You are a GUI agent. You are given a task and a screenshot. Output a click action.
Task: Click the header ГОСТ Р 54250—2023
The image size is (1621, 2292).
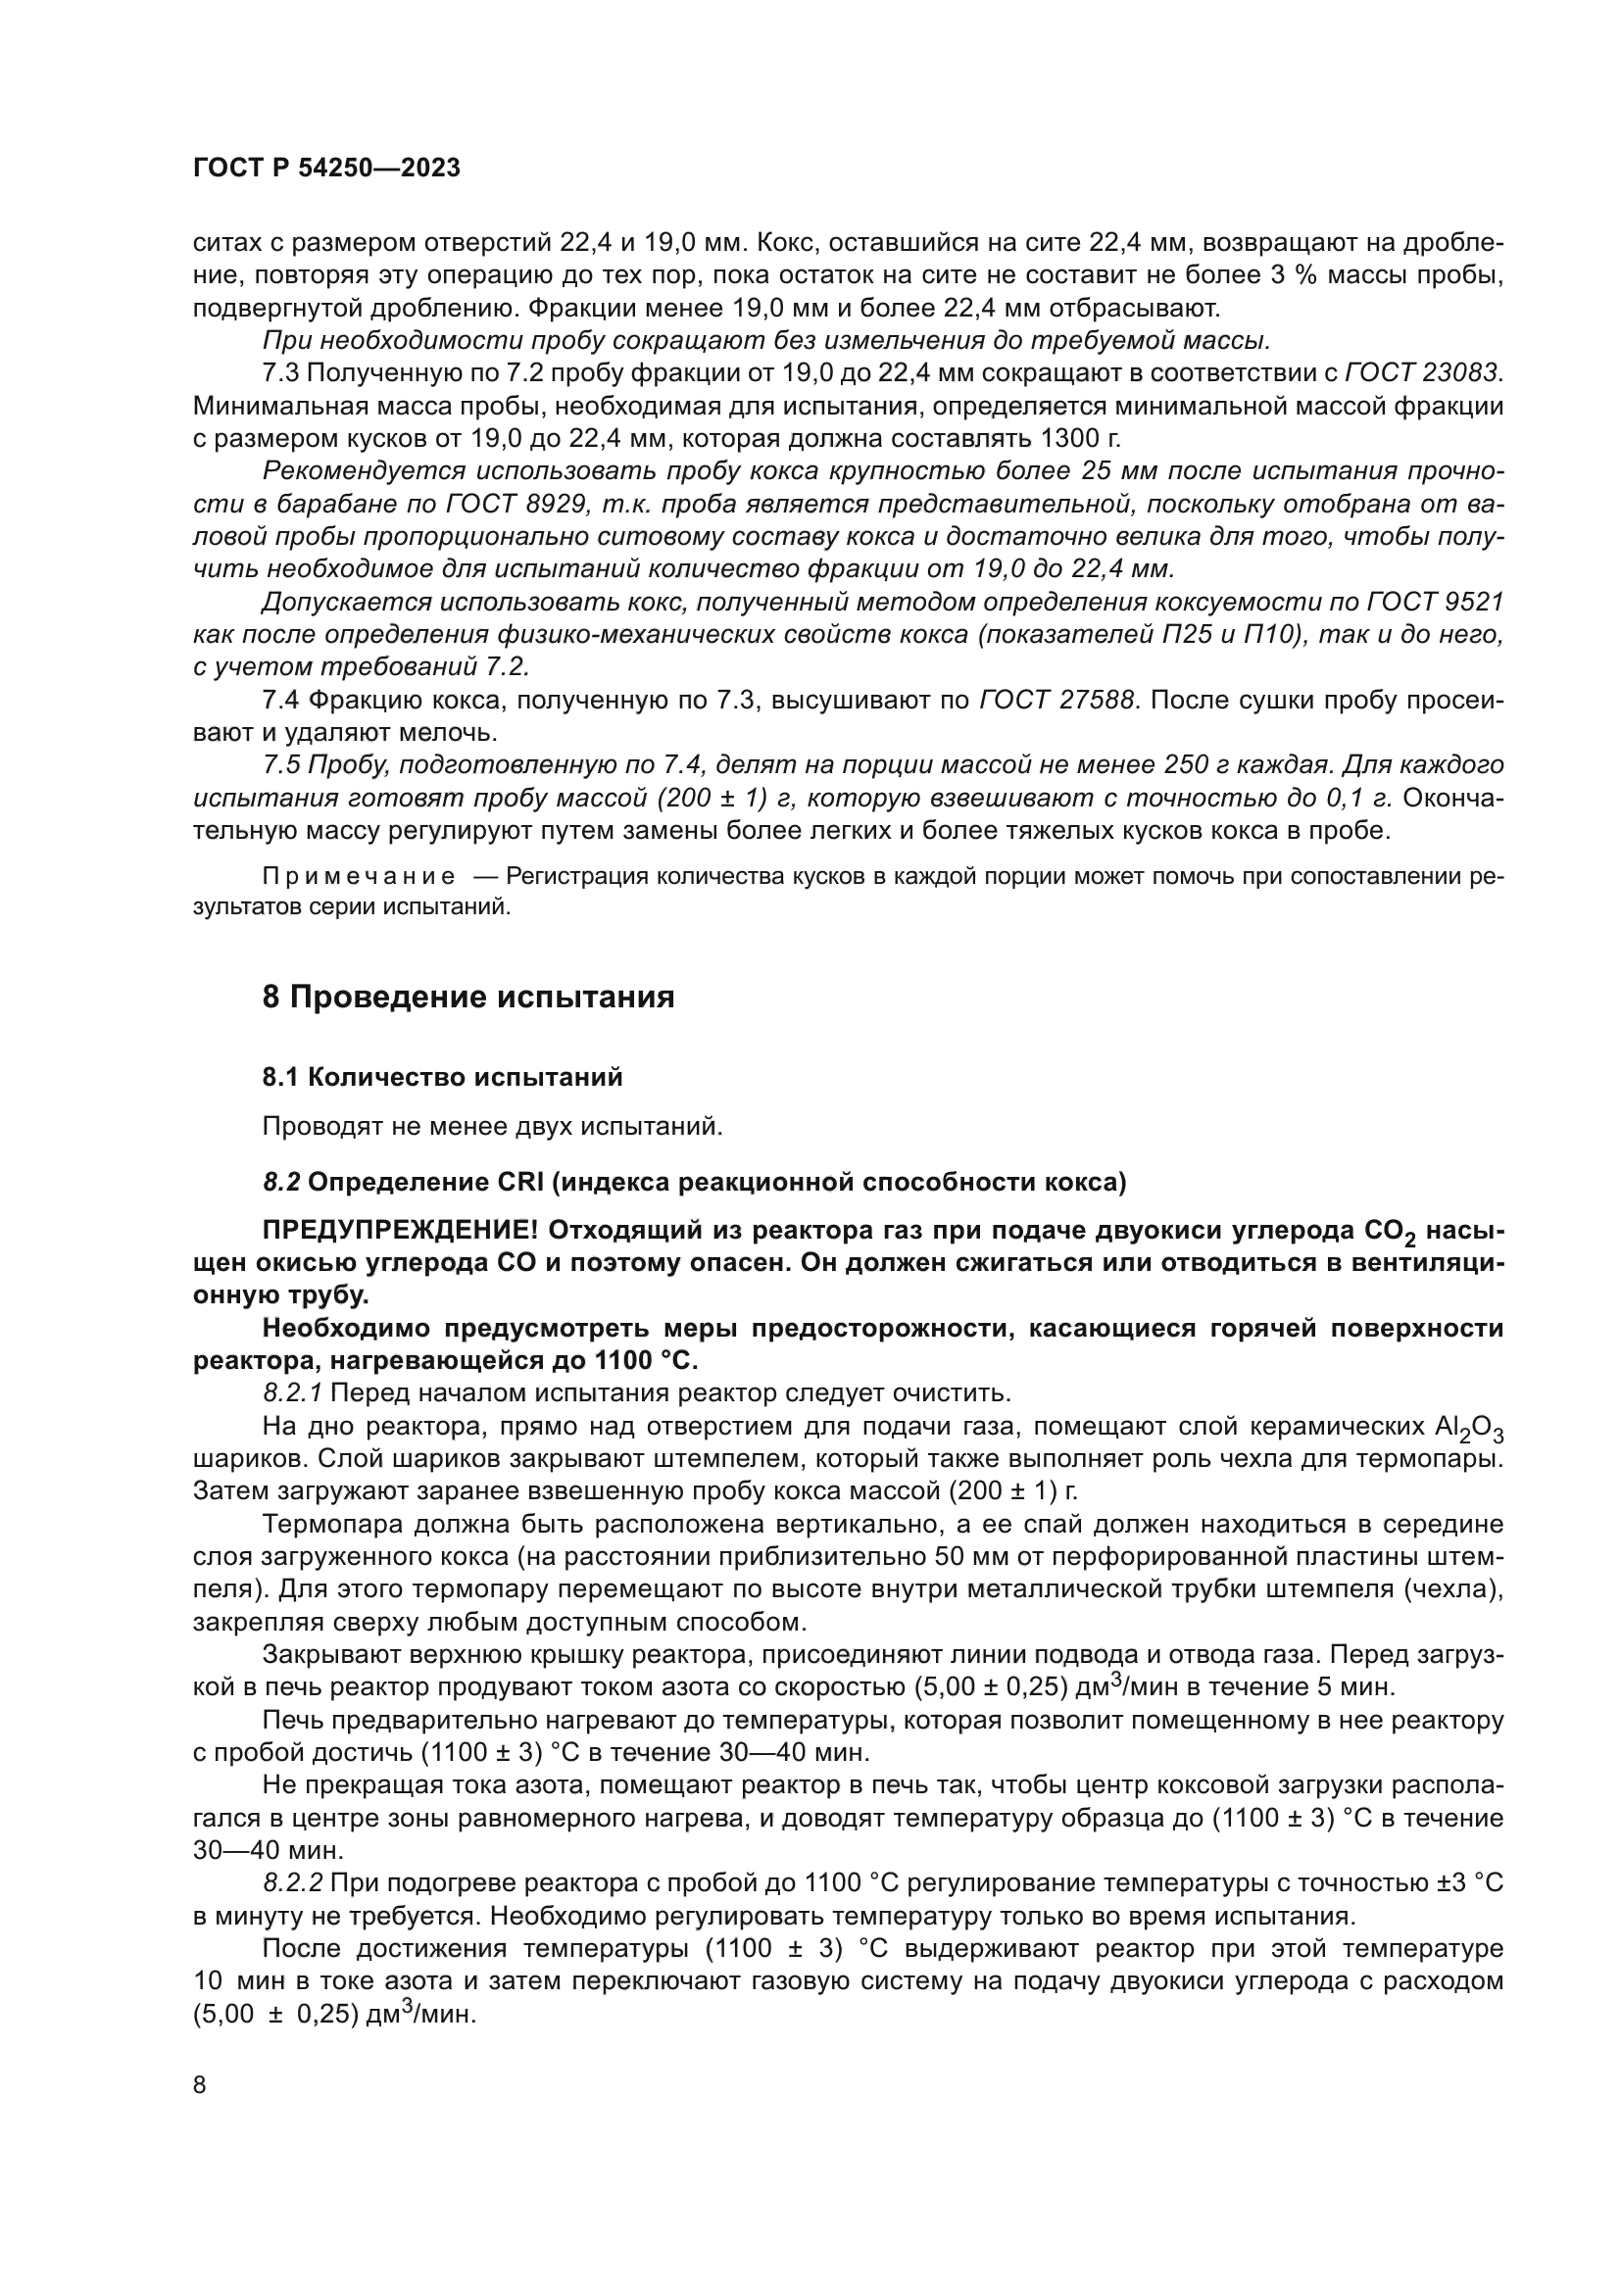pos(326,169)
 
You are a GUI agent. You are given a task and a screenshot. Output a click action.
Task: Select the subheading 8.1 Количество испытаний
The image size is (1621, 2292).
pos(442,1077)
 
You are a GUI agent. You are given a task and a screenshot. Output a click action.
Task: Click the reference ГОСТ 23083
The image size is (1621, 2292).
pos(1423,373)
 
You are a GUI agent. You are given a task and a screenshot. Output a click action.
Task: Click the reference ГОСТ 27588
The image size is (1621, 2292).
pos(1057,701)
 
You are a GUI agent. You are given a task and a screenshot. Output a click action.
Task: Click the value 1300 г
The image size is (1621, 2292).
pos(1080,439)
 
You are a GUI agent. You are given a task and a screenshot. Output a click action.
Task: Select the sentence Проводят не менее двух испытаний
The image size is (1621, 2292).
pos(492,1127)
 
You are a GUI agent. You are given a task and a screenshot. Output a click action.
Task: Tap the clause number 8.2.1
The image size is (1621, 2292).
pos(292,1393)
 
